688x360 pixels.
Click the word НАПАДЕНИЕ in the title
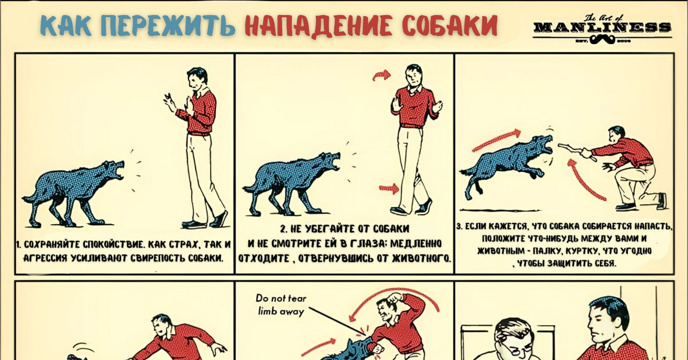[x=319, y=25]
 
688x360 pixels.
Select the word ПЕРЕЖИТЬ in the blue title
[x=168, y=25]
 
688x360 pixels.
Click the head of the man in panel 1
[x=197, y=79]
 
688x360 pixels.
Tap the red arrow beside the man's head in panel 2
[x=381, y=75]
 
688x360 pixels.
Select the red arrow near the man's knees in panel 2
[x=389, y=189]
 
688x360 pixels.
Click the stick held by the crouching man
[x=577, y=151]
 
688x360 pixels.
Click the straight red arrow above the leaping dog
[x=497, y=140]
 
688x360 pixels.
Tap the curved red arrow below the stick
[x=584, y=180]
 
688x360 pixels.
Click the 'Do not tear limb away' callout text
[x=281, y=305]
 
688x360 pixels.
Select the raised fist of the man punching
[x=394, y=298]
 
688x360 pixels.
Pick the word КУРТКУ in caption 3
[x=581, y=251]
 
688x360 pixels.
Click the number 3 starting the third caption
[x=459, y=226]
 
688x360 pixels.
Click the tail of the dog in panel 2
[x=251, y=187]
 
